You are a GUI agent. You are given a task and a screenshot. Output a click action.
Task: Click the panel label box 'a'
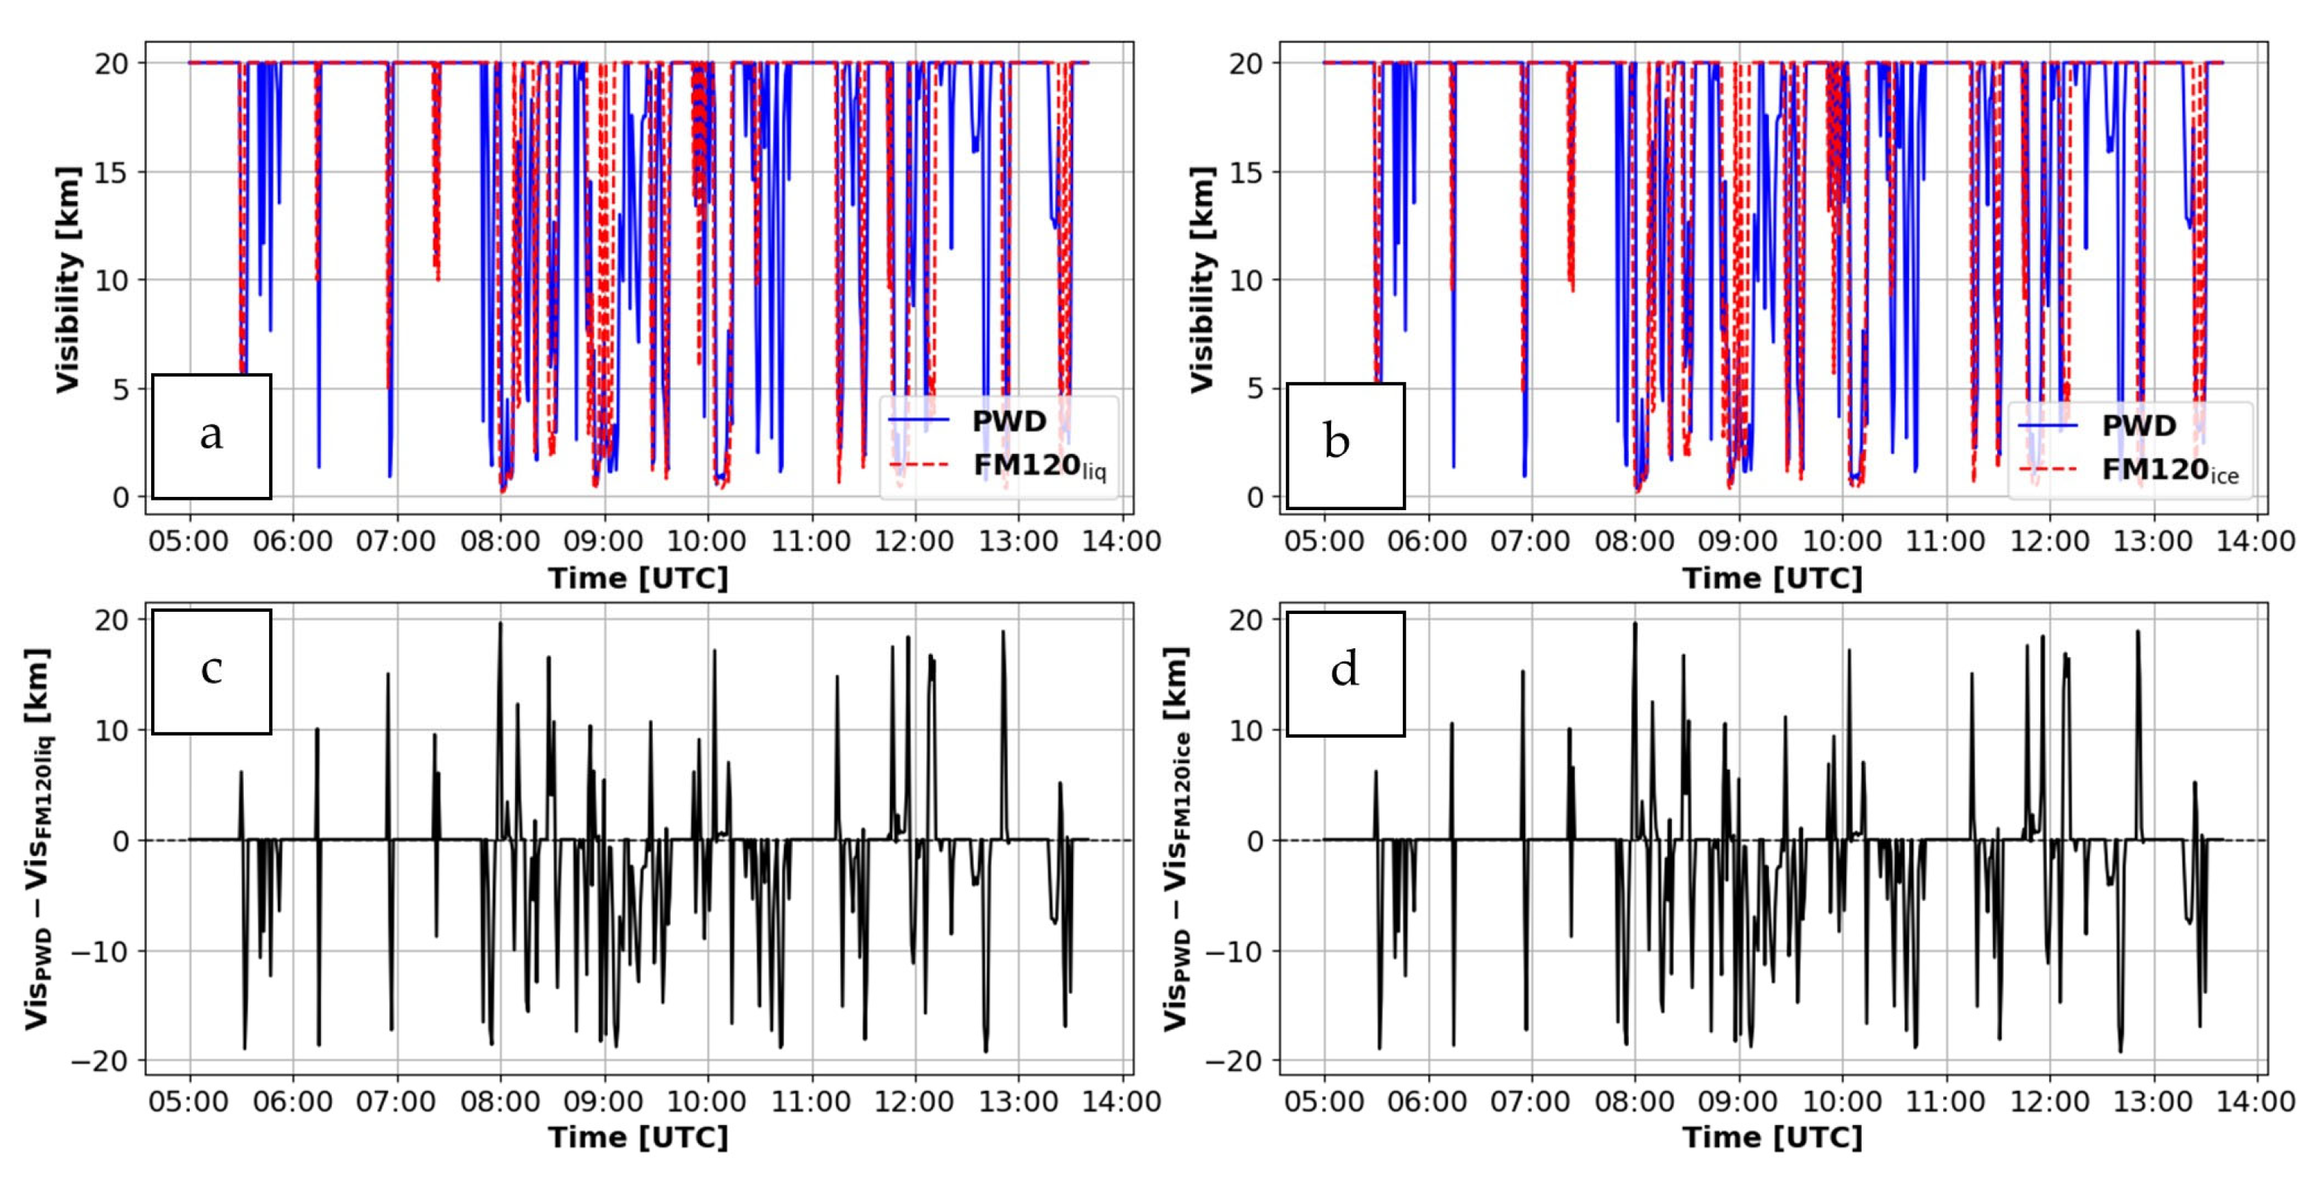click(x=211, y=436)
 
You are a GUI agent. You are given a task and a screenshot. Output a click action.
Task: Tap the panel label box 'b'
click(x=1344, y=444)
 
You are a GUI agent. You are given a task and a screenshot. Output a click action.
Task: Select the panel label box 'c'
click(x=211, y=670)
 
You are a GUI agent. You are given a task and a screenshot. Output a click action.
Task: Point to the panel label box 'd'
click(x=1344, y=673)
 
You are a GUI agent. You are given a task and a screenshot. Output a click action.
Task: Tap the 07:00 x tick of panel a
click(x=395, y=541)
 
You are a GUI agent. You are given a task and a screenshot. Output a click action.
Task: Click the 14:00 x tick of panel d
click(x=2255, y=1102)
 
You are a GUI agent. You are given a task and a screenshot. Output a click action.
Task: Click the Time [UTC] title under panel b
click(x=1772, y=578)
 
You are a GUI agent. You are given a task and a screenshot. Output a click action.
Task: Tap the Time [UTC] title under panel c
click(x=638, y=1137)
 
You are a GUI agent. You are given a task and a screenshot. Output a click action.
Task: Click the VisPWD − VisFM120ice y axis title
click(x=1175, y=839)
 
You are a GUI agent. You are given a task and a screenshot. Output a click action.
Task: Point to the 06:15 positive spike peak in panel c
click(x=316, y=729)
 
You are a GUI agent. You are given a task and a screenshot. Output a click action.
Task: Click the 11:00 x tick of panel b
click(x=1944, y=541)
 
